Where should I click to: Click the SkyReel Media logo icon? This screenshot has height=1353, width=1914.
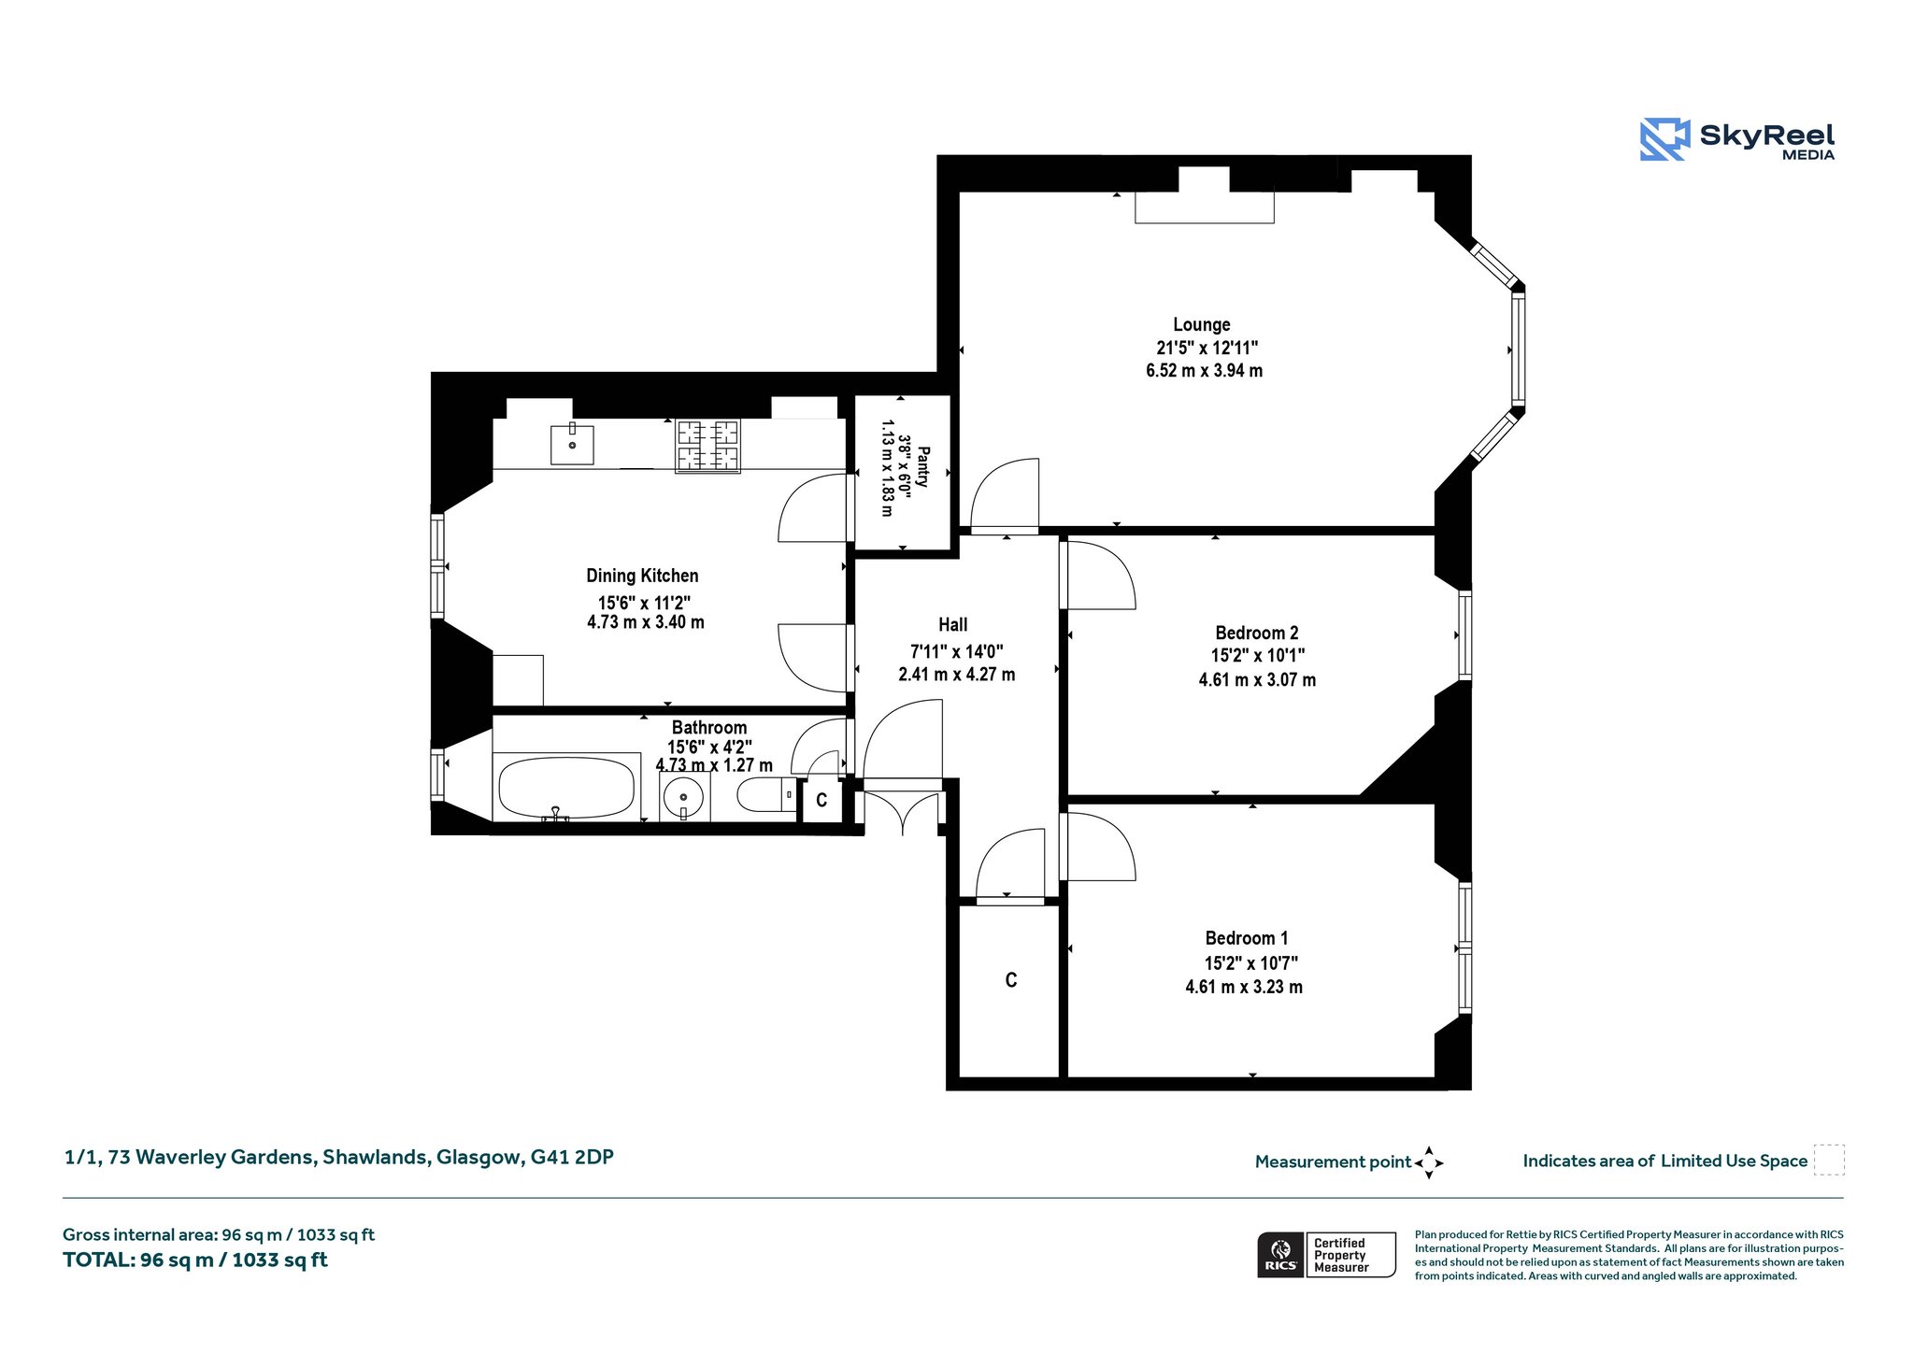(1664, 139)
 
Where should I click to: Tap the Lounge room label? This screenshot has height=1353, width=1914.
(1202, 324)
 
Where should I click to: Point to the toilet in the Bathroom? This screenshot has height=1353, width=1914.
(765, 795)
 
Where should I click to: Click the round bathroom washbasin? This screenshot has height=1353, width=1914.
(684, 797)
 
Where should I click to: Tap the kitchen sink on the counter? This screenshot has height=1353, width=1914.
(572, 443)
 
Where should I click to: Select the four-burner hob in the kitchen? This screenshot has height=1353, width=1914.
(707, 446)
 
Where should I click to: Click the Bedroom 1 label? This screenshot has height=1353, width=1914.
(1247, 938)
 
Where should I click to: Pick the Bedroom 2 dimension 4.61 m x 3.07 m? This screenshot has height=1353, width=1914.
(1257, 679)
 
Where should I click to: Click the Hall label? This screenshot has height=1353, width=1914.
(953, 624)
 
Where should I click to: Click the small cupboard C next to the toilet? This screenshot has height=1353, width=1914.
(822, 801)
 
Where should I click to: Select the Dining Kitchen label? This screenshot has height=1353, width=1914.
(642, 576)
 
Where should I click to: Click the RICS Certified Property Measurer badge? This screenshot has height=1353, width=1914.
(1326, 1254)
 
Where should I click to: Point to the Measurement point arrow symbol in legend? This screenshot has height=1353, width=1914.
(1429, 1163)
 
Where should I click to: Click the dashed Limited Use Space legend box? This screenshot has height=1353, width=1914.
(1829, 1161)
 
